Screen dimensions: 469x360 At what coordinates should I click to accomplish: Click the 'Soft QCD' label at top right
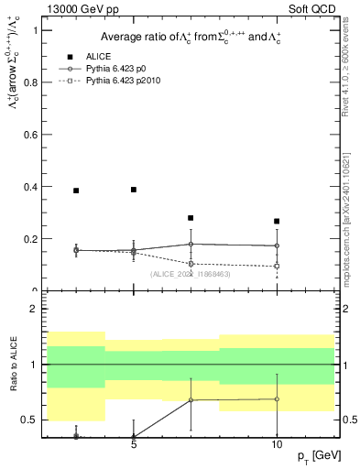(x=310, y=9)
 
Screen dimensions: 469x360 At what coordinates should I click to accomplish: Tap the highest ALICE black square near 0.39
(x=134, y=190)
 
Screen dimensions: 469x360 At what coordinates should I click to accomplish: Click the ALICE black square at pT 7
(x=191, y=218)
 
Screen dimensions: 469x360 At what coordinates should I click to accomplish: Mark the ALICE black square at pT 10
(x=277, y=222)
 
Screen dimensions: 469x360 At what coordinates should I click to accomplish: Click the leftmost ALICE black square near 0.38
(x=76, y=191)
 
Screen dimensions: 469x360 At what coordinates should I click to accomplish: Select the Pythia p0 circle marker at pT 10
(x=277, y=245)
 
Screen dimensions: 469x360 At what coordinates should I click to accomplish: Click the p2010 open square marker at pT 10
(x=277, y=267)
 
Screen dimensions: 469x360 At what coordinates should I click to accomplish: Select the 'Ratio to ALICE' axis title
(x=12, y=365)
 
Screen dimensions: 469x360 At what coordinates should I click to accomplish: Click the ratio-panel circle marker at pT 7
(x=191, y=399)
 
